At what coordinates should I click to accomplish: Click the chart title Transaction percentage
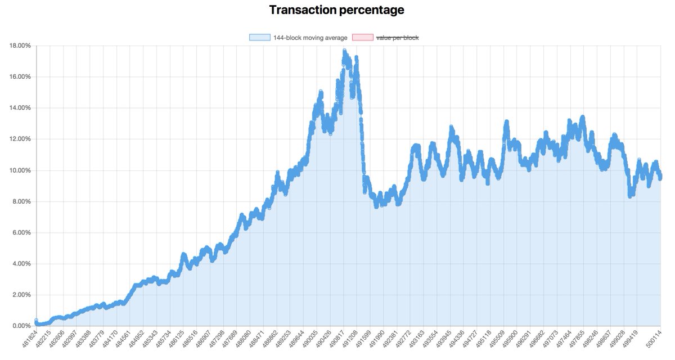pos(336,10)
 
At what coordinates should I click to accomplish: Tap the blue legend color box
pos(260,38)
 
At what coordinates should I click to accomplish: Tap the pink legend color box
pos(362,38)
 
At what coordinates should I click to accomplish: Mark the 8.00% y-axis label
pos(20,201)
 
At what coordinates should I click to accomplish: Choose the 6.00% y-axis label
pos(20,233)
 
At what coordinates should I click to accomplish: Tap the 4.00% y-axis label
pos(20,264)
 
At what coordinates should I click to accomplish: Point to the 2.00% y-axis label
pos(20,295)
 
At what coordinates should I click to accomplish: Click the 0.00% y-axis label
pos(20,326)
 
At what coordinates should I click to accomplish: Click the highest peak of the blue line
pos(344,51)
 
